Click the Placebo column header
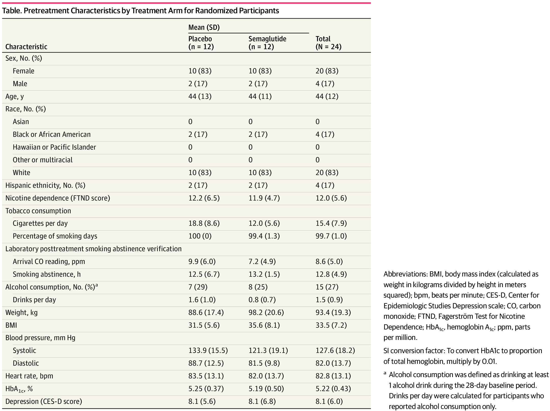click(201, 43)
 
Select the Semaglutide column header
click(267, 43)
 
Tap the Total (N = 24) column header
click(328, 43)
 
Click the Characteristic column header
click(26, 47)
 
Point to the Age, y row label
click(15, 97)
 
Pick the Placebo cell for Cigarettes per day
click(204, 223)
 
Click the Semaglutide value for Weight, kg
click(266, 312)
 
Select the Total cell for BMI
click(331, 325)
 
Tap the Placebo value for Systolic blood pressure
click(208, 350)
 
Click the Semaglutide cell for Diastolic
click(264, 363)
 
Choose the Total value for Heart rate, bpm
click(333, 376)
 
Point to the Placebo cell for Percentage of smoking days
click(200, 236)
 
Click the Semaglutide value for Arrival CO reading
click(262, 261)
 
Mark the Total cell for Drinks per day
click(329, 300)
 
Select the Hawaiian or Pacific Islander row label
click(54, 147)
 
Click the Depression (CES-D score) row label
click(44, 401)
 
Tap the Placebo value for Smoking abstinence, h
click(204, 274)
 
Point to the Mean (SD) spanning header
click(204, 27)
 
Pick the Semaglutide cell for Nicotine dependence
click(264, 198)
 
